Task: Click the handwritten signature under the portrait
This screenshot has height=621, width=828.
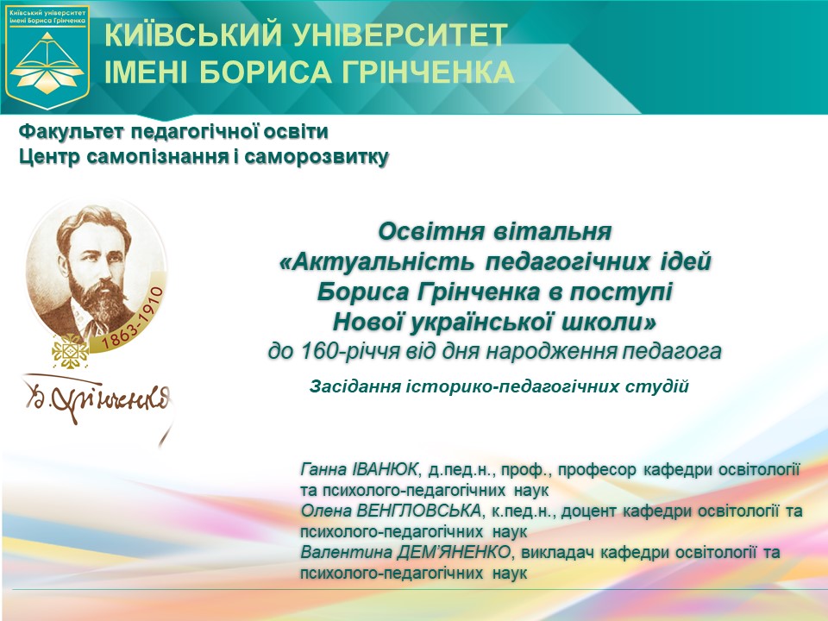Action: [95, 397]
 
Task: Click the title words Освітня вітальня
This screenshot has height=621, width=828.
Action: [494, 233]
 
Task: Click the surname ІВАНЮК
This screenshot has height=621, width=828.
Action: [384, 470]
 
